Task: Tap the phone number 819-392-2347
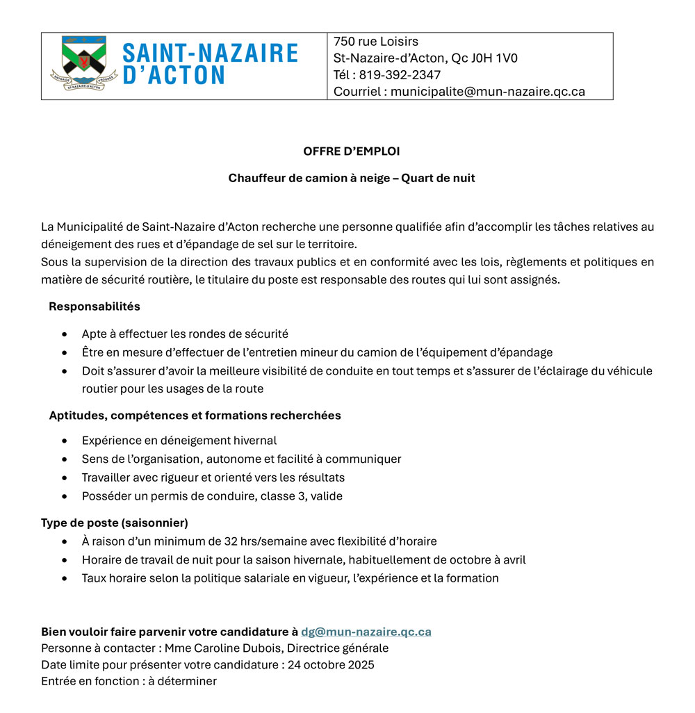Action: point(400,75)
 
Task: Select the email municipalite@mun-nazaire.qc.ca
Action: point(487,92)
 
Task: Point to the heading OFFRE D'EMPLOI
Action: point(351,151)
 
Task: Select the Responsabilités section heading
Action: point(94,306)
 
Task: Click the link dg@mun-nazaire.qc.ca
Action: point(366,632)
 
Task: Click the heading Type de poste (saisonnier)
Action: point(114,523)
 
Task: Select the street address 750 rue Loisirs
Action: point(375,42)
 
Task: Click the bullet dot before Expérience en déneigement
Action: point(65,441)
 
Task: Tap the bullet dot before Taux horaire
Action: point(65,578)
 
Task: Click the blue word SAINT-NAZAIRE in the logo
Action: point(210,54)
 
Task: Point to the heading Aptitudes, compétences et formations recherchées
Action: point(195,416)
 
